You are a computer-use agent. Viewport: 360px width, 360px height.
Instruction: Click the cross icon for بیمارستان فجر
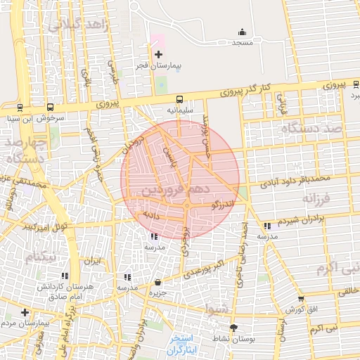[158, 54]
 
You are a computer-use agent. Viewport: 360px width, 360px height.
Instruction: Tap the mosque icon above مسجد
[243, 32]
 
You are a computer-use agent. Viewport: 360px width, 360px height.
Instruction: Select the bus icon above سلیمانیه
[180, 99]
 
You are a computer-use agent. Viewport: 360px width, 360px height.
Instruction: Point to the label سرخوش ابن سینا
[41, 118]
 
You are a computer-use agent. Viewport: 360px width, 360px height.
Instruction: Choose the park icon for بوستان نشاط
[233, 327]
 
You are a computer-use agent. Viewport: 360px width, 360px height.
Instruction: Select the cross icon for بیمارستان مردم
[25, 312]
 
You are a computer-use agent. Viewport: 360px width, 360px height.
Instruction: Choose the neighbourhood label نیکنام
[39, 258]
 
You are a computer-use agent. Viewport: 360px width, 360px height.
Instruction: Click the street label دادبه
[151, 212]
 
